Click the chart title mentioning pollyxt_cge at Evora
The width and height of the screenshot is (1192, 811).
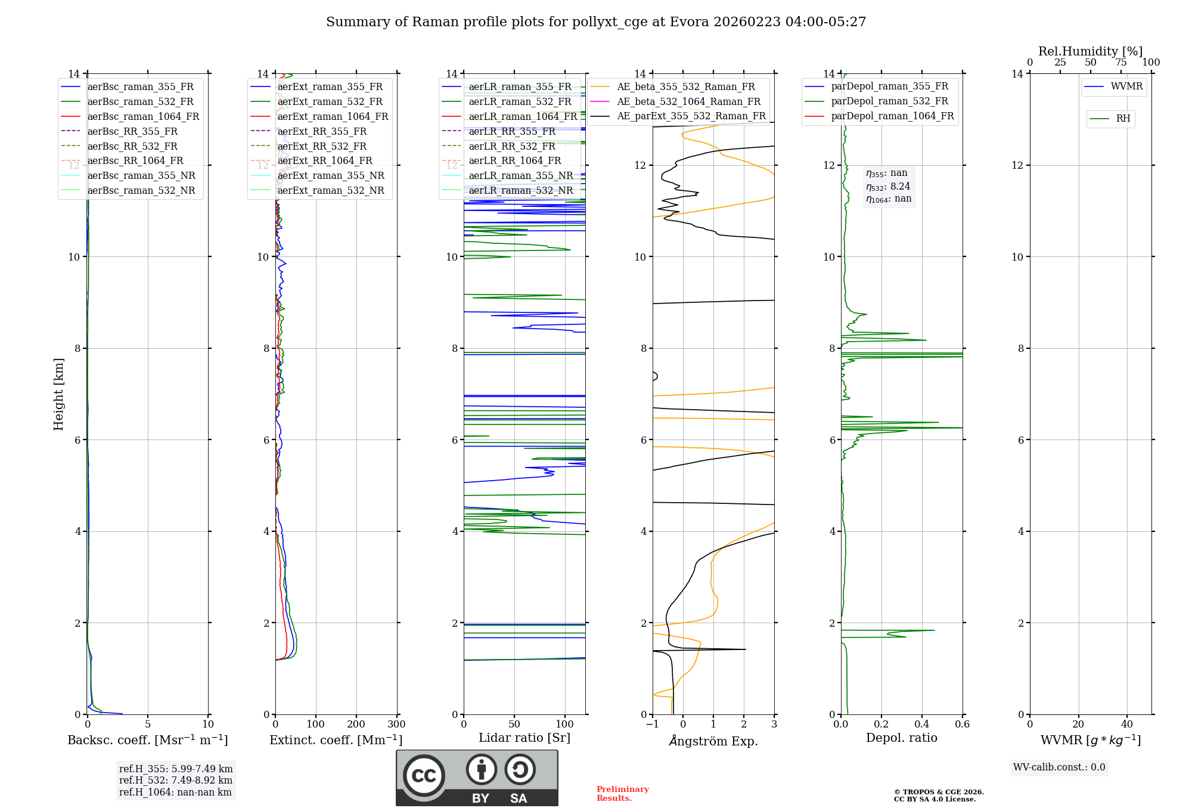(x=595, y=22)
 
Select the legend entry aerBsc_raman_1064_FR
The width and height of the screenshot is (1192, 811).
(x=143, y=116)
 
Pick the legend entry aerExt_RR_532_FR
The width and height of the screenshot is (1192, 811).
(x=322, y=146)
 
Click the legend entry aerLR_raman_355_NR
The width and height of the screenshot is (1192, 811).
(x=520, y=175)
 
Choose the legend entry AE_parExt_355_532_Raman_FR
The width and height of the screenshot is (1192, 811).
(x=691, y=116)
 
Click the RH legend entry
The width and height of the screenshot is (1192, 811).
(x=1123, y=119)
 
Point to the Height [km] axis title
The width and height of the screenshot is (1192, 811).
(x=58, y=394)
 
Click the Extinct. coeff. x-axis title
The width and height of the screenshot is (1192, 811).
(x=336, y=740)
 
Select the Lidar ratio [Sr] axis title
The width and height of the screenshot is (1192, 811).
(x=524, y=738)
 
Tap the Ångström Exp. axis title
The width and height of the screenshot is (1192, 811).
(x=713, y=741)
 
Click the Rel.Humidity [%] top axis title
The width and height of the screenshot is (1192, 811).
(x=1090, y=51)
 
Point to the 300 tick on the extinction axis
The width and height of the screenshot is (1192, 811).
(x=397, y=725)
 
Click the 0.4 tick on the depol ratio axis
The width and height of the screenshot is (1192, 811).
(x=922, y=725)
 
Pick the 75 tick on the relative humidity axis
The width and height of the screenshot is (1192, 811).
(x=1121, y=63)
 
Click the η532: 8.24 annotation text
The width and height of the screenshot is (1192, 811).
(x=888, y=186)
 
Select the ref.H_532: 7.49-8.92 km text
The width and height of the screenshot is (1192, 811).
(x=176, y=780)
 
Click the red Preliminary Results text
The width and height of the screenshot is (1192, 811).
(x=622, y=794)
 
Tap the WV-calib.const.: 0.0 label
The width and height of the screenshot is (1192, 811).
(x=1059, y=767)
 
